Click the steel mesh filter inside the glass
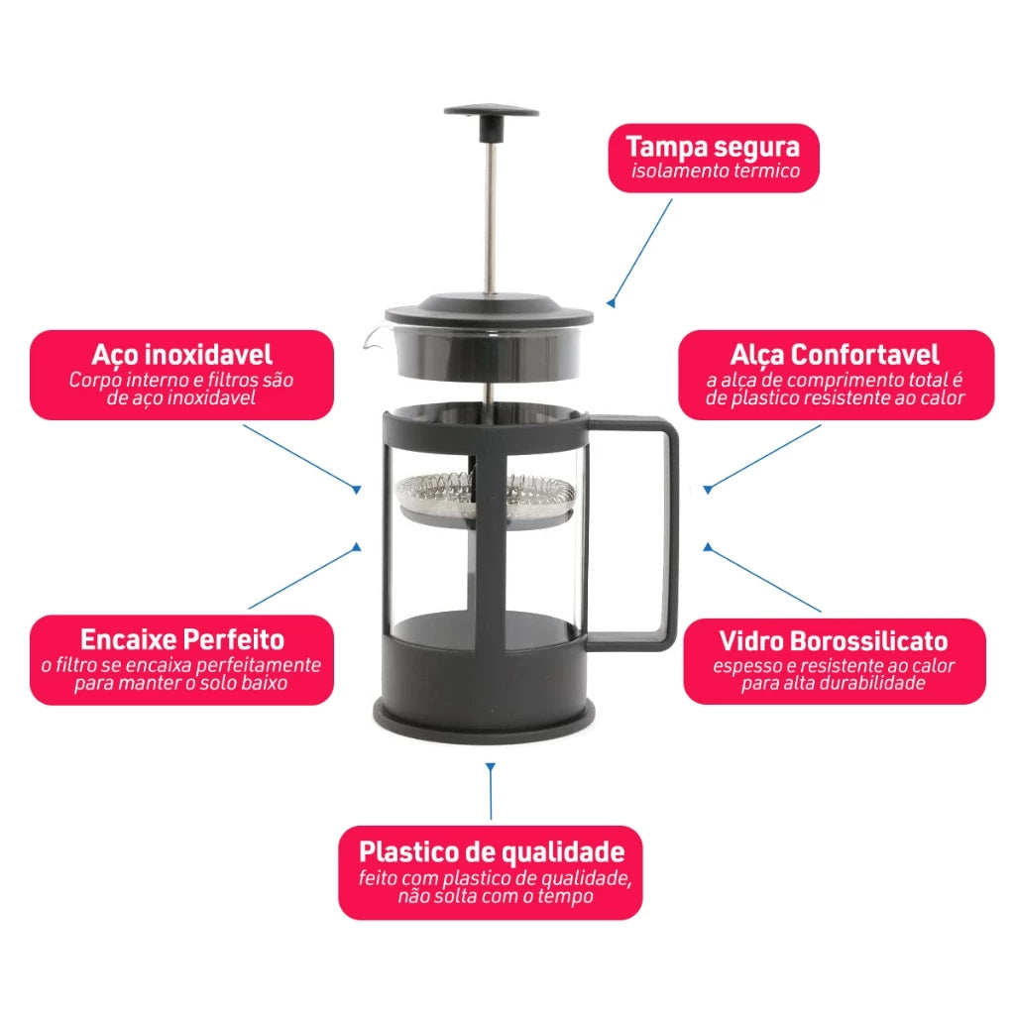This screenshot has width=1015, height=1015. [486, 496]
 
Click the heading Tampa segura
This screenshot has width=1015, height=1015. [712, 148]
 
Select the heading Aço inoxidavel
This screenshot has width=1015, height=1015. [181, 354]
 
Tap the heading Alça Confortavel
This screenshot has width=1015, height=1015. [835, 355]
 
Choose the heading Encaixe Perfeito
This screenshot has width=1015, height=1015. [181, 639]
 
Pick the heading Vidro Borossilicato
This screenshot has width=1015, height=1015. [834, 640]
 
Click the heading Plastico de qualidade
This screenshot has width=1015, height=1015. [492, 851]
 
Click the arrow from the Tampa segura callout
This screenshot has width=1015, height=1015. [641, 252]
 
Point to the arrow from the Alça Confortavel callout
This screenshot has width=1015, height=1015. [763, 457]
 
